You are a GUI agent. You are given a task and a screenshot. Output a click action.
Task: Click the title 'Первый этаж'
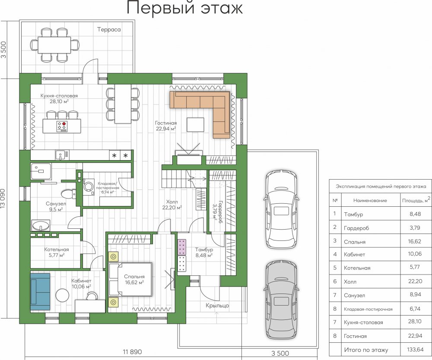(184, 8)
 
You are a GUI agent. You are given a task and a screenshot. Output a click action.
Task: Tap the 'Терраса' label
(109, 29)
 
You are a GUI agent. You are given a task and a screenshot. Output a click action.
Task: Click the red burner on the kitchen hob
(64, 124)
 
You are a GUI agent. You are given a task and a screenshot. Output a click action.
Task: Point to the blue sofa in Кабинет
(40, 291)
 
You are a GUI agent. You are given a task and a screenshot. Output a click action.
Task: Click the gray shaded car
(281, 300)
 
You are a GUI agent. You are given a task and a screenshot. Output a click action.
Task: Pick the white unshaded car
(281, 210)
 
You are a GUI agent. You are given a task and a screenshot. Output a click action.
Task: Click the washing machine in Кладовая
(89, 186)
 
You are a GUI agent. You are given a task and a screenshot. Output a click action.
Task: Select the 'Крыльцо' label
(217, 306)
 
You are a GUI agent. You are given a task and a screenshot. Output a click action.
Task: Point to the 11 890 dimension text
(132, 352)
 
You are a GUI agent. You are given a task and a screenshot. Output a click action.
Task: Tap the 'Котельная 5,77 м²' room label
(57, 253)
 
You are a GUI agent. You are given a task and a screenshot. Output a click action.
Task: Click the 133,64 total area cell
(415, 350)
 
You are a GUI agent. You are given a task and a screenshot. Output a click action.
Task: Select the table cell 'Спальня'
(355, 242)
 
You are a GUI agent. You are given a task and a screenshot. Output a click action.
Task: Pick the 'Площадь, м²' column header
(416, 200)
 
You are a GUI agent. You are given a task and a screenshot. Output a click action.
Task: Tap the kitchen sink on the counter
(60, 155)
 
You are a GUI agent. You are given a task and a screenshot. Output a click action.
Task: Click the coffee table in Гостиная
(196, 125)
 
